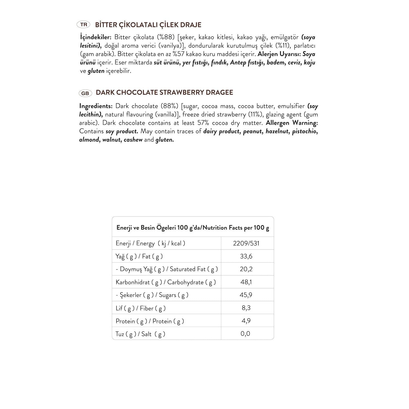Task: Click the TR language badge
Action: pos(84,25)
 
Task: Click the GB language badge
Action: pos(85,93)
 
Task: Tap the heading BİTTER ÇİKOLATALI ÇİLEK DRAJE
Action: pos(148,25)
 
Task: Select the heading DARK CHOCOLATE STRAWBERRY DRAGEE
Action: pos(164,92)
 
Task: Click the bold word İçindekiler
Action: pos(95,37)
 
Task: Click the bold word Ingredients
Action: pos(96,106)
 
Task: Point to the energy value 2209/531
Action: pos(246,243)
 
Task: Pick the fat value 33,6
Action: pos(246,256)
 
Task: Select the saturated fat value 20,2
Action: pos(246,269)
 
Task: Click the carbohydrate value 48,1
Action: pos(246,282)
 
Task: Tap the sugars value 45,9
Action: pos(246,295)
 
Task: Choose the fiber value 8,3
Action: pos(246,308)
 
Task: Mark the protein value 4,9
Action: pos(246,321)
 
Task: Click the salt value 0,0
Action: pos(245,333)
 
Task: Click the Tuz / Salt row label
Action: pos(140,334)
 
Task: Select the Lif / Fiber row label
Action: pos(140,308)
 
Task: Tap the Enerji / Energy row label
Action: pos(150,243)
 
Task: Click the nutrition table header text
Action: pos(193,228)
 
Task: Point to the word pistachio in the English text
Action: pos(304,131)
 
